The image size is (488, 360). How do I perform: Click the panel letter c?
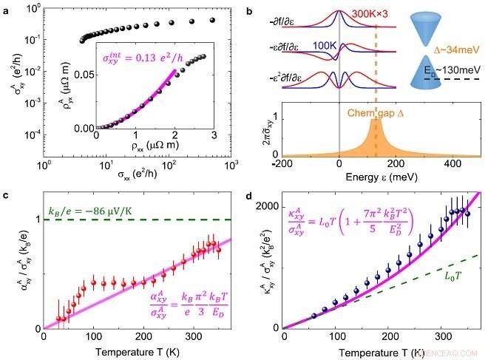[x=6, y=196]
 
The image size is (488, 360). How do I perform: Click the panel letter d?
[x=250, y=196]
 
